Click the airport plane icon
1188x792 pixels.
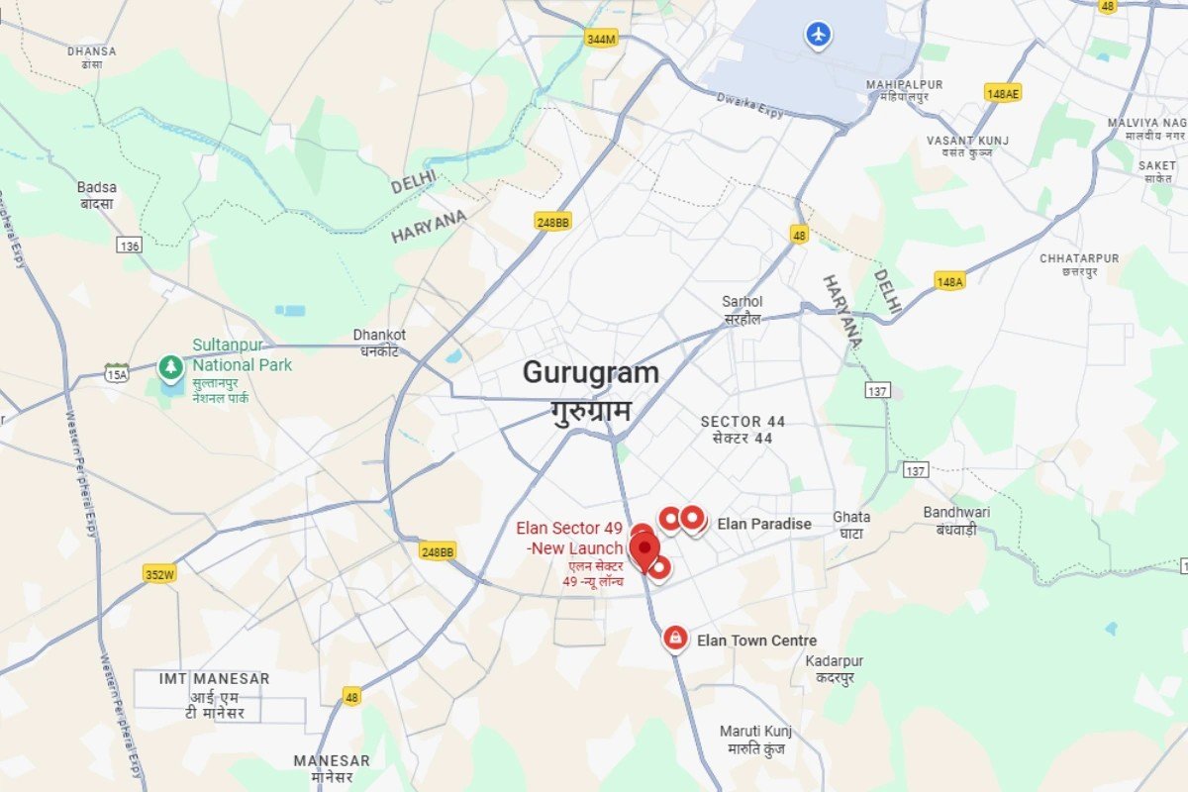coord(818,35)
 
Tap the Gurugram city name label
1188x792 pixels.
coord(590,373)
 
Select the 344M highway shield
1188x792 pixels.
coord(601,39)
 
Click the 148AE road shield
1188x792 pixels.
coord(1003,93)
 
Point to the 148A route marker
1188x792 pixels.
coord(949,282)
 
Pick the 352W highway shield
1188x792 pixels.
coord(159,574)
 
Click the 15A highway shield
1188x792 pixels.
coord(117,372)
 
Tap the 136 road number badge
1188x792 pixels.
coord(129,245)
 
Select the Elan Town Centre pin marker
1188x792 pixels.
coord(675,639)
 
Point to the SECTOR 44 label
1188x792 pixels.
coord(742,422)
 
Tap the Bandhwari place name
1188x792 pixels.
coord(956,512)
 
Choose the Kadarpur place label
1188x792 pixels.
coord(835,661)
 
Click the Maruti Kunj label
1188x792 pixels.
coord(755,732)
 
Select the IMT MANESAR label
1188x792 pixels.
coord(214,679)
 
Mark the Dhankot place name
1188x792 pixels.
coord(379,335)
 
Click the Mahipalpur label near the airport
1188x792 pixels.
coord(904,85)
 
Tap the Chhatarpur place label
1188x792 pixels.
coord(1079,258)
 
